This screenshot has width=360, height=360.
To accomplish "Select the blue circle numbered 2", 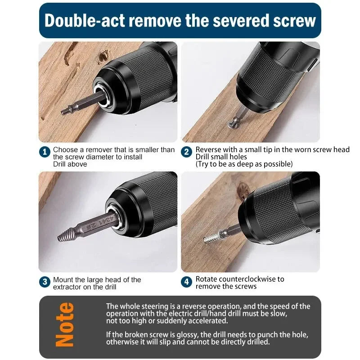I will [x=187, y=152].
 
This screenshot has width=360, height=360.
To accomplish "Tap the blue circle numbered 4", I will [x=187, y=282].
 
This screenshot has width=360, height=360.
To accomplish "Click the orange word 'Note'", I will [x=65, y=324].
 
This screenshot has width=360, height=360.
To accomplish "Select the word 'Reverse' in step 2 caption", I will [x=208, y=149].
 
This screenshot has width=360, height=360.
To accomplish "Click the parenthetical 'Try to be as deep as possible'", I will [x=244, y=164].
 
